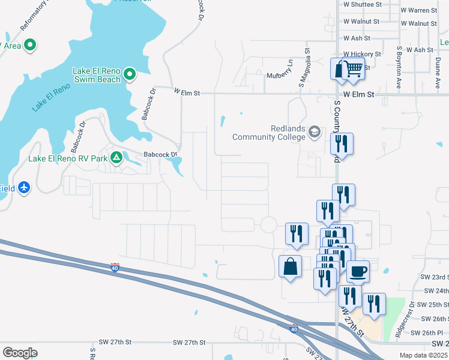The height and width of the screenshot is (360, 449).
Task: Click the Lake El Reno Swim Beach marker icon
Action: [x=129, y=75]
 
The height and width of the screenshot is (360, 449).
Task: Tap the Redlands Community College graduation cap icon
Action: [x=315, y=131]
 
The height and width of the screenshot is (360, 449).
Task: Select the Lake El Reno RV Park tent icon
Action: [x=116, y=159]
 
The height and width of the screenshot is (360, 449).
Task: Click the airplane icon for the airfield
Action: [x=24, y=188]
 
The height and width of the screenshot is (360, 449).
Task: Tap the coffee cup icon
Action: [x=358, y=271]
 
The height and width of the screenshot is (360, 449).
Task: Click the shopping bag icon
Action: [x=290, y=266]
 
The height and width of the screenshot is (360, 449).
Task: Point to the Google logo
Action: [x=20, y=352]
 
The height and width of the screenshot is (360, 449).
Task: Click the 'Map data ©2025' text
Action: [x=423, y=355]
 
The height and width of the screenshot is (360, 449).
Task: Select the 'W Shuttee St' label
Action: [x=362, y=4]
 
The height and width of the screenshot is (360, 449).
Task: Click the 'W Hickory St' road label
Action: [x=362, y=54]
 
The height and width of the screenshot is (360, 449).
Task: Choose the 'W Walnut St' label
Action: [x=361, y=22]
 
